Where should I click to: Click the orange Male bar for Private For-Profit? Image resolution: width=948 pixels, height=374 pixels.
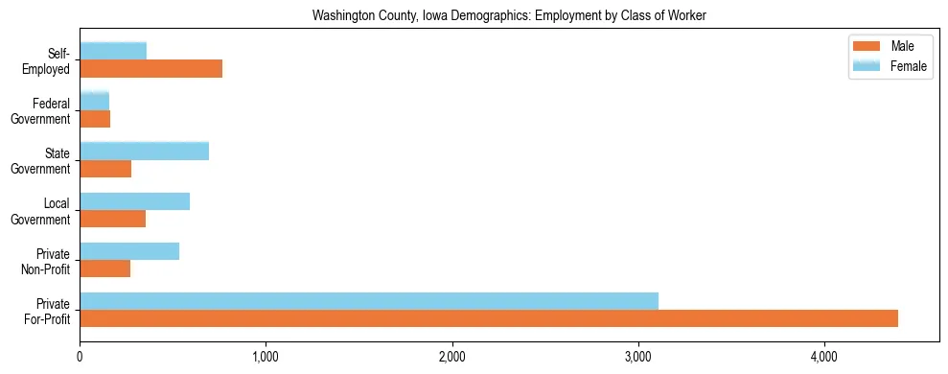489,318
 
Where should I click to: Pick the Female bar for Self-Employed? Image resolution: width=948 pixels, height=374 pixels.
113,51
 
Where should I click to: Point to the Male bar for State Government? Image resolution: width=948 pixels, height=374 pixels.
105,169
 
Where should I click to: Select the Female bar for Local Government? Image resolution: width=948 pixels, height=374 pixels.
134,201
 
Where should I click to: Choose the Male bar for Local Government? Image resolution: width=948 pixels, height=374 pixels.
112,219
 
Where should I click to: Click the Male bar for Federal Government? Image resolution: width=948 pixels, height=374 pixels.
95,119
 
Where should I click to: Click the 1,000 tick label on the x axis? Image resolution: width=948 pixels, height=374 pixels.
266,358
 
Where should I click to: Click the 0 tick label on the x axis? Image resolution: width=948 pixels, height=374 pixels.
80,358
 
